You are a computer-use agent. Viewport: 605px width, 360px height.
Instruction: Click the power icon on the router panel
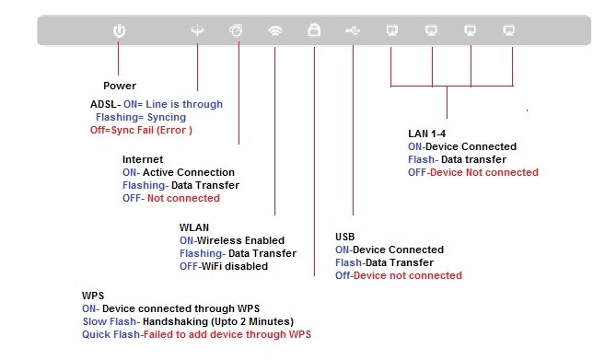(119, 30)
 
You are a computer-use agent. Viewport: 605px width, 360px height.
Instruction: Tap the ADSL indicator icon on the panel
(197, 30)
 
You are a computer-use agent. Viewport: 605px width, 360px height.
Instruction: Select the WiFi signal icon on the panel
(275, 30)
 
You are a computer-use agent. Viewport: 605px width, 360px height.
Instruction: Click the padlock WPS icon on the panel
(314, 29)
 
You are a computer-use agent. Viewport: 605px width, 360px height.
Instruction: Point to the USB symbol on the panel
(353, 30)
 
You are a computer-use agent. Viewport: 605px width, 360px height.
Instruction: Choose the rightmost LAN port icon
(509, 30)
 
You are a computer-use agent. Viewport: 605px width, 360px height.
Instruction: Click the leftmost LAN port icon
(392, 30)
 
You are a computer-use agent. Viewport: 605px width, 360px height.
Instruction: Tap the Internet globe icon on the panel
(236, 30)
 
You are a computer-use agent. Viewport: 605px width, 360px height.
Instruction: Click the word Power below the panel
(120, 86)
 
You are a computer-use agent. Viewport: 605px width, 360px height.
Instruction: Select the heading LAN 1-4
(426, 134)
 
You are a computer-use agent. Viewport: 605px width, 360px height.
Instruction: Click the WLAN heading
(194, 227)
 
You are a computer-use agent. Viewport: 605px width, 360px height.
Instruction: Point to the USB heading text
(345, 237)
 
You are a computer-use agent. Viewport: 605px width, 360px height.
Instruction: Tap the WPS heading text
(93, 296)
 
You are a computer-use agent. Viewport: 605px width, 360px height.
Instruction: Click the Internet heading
(143, 159)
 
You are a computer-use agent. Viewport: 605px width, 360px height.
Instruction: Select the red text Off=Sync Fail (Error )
(141, 130)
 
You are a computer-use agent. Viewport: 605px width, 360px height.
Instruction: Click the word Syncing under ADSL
(167, 117)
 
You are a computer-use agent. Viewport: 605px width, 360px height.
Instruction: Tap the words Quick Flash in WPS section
(111, 334)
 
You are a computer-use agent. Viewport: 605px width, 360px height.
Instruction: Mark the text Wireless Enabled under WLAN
(240, 240)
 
